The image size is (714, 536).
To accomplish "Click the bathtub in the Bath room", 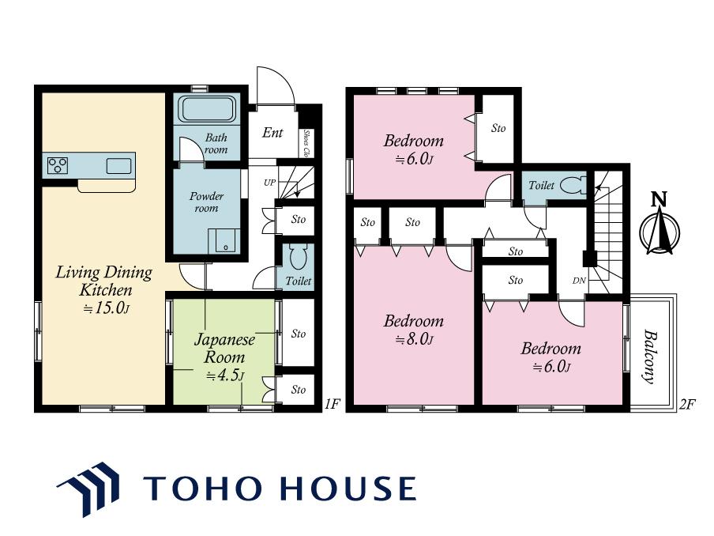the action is (209, 108).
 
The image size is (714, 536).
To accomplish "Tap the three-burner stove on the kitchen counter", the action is (58, 165).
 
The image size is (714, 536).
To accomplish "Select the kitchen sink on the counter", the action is (118, 165).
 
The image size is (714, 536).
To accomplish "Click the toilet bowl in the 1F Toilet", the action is (299, 258).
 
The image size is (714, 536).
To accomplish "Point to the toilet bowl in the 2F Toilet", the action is (573, 185).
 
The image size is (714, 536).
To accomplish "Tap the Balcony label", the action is (650, 357).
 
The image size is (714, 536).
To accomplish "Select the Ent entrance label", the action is (272, 133).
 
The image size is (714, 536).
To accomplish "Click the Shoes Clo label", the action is (307, 144).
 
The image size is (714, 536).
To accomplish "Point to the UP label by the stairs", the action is (269, 183).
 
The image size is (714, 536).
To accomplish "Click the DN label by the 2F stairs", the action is (579, 281).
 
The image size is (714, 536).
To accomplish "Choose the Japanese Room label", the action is (224, 348).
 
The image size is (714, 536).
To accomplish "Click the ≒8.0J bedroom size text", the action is (414, 340).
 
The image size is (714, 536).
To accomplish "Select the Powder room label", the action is (206, 202).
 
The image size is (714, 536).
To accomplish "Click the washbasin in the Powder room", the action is (224, 240).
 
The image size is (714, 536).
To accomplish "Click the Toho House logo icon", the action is (88, 489).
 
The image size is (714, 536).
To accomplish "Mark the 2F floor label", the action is (687, 404).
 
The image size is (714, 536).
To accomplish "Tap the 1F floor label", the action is (333, 404).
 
